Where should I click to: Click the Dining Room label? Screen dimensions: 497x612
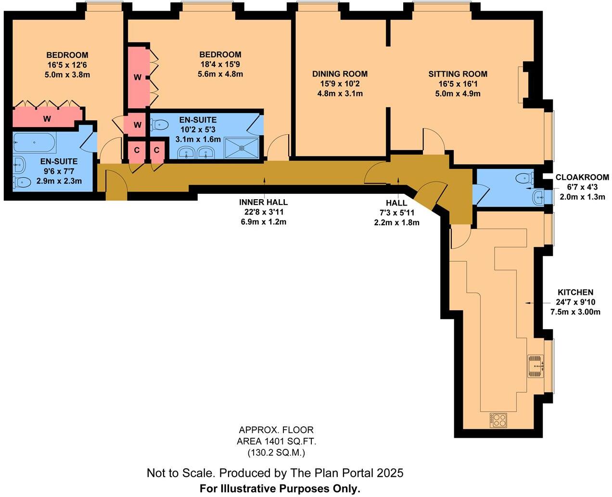click(x=340, y=74)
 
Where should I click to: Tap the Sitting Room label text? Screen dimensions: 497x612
click(x=458, y=74)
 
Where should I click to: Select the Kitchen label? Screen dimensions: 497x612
click(x=575, y=293)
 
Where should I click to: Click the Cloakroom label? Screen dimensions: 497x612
click(x=582, y=178)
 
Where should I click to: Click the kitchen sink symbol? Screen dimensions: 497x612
click(x=535, y=366)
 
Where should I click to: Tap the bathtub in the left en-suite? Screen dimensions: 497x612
click(x=34, y=143)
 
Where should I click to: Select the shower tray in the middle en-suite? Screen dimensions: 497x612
click(x=242, y=148)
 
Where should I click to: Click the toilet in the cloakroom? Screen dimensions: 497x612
click(x=524, y=178)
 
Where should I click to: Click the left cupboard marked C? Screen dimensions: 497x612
click(x=137, y=150)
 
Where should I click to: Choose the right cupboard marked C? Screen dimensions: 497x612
click(x=156, y=150)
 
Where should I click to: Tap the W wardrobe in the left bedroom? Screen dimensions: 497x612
click(x=47, y=118)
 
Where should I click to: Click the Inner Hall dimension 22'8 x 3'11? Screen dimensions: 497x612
click(x=263, y=212)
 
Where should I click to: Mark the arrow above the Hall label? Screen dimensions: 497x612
click(x=398, y=182)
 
